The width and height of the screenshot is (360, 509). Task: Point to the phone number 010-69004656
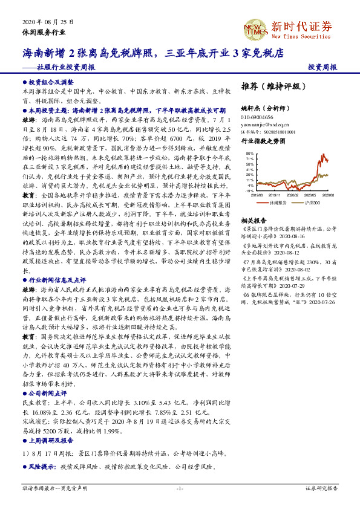point(257,117)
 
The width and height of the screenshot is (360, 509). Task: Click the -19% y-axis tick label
point(250,190)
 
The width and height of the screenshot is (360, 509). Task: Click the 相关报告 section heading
point(254,221)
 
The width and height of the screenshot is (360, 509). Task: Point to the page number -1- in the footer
point(180,488)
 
